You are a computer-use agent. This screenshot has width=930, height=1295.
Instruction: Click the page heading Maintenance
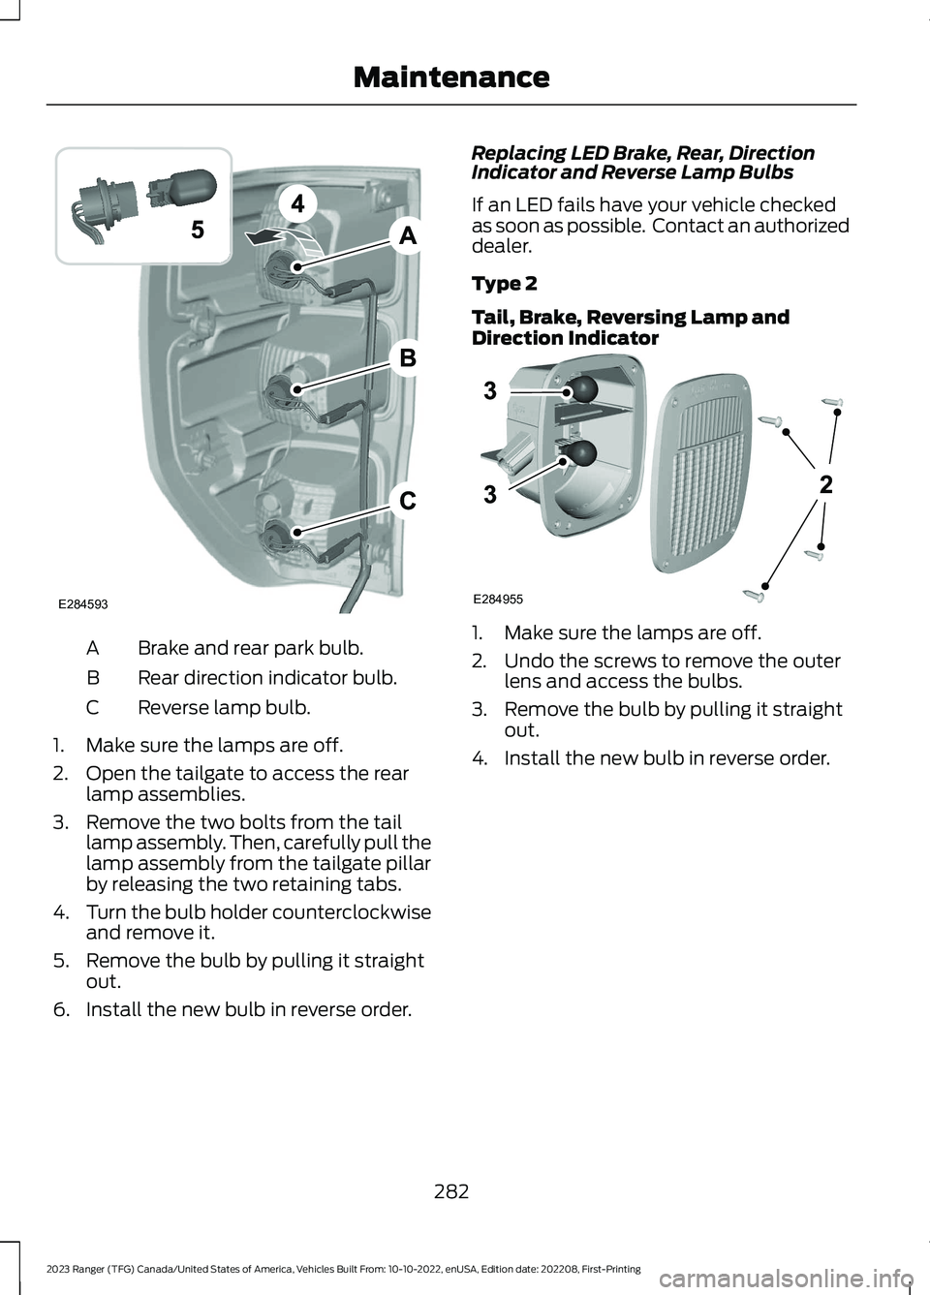(x=450, y=77)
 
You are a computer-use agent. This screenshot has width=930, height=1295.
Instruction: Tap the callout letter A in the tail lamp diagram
(x=408, y=234)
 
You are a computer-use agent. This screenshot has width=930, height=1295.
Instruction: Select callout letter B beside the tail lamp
(x=408, y=357)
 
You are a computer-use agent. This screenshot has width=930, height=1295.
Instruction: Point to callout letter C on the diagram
(x=408, y=500)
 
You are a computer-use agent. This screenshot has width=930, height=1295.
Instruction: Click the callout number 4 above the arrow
(x=298, y=203)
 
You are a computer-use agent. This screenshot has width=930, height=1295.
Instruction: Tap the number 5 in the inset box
(x=198, y=230)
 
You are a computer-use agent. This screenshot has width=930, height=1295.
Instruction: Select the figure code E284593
(x=82, y=604)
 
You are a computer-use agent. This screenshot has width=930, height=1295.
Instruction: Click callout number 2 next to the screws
(x=825, y=484)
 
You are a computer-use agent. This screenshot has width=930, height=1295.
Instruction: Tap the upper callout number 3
(x=490, y=391)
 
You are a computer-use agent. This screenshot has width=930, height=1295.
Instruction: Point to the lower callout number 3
(x=490, y=495)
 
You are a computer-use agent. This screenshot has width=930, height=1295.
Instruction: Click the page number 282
(x=451, y=1191)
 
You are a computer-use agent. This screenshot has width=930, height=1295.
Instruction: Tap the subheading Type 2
(x=504, y=284)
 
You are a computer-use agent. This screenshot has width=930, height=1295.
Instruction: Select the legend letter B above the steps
(x=93, y=678)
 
